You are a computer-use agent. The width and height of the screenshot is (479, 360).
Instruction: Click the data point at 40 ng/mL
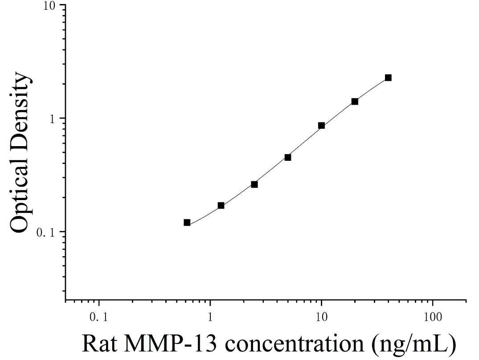[388, 78]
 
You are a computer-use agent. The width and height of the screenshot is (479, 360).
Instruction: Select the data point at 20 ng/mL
[355, 102]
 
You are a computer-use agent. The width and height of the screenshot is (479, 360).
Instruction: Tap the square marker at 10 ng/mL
[321, 126]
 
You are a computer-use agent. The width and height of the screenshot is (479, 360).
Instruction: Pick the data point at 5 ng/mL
[288, 157]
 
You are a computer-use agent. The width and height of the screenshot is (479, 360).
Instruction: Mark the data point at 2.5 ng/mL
[254, 184]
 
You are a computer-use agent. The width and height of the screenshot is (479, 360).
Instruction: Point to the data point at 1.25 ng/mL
[221, 205]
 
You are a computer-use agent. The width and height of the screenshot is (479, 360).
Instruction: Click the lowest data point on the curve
[187, 223]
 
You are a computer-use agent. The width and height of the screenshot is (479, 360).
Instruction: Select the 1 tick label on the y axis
[53, 119]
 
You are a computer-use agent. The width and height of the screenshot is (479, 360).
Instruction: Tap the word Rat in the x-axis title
[100, 344]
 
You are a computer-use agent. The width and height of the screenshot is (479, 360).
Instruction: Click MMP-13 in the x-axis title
[171, 344]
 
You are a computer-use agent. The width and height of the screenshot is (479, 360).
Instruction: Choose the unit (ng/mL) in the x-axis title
[414, 345]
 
